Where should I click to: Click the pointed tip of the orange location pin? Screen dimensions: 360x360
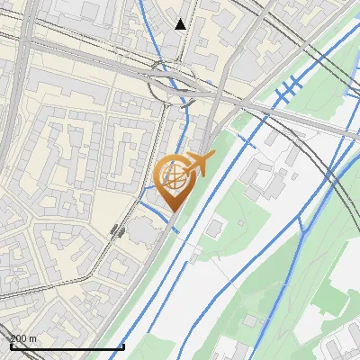coord(172,211)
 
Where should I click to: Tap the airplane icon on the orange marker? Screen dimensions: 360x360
coord(198,165)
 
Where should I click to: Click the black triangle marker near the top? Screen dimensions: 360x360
coord(181,24)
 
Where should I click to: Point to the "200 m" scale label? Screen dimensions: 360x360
coord(22,338)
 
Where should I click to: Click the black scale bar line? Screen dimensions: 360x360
coord(67,346)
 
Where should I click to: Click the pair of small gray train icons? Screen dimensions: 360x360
coord(117,230)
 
